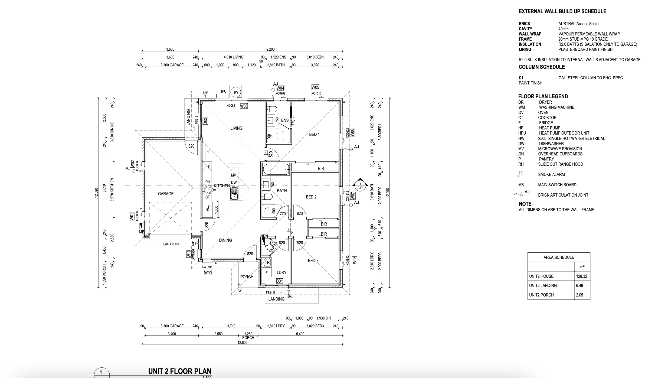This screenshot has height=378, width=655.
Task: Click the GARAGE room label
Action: [166, 194]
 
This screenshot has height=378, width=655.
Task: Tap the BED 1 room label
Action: [314, 134]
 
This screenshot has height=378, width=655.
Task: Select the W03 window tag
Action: [244, 106]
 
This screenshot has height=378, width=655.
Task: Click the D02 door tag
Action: [205, 121]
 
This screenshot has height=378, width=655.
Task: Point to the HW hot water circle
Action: [235, 92]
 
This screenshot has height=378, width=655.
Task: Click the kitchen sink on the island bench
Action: [234, 194]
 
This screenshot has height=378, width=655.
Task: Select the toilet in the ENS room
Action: [271, 109]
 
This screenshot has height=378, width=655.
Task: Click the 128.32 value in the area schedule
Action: [581, 276]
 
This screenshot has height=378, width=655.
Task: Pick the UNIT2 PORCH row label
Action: [541, 295]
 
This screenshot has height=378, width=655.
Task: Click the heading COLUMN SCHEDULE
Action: [542, 67]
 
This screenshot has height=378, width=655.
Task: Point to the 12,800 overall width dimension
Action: [242, 342]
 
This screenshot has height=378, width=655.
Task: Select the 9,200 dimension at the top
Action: [270, 49]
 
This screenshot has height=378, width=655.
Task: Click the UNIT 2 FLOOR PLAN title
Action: [180, 371]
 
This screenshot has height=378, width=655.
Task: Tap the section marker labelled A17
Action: [360, 184]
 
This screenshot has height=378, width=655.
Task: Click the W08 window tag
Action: [354, 260]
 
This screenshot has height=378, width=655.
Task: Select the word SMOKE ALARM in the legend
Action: [551, 174]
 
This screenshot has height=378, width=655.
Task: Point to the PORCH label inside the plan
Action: [247, 277]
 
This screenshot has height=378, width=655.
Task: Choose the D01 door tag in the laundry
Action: [279, 281]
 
